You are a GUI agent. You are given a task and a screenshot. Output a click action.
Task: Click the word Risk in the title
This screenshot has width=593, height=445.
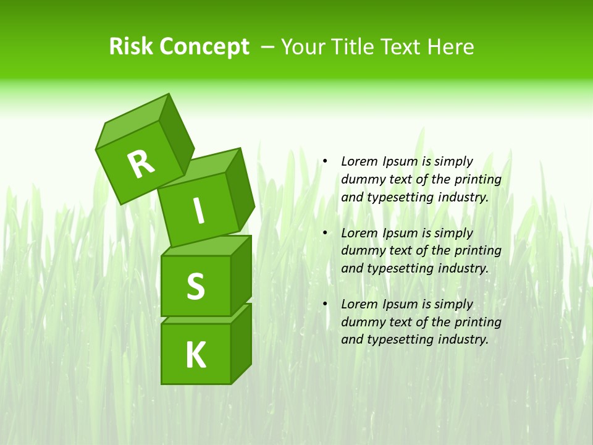(132, 47)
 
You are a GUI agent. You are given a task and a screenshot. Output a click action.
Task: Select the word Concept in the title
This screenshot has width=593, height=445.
(205, 48)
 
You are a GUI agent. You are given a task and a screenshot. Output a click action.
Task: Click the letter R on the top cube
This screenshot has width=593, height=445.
(141, 164)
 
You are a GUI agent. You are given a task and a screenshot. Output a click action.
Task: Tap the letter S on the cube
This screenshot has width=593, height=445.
(195, 286)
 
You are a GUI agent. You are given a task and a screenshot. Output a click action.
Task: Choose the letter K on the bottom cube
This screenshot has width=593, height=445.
(195, 355)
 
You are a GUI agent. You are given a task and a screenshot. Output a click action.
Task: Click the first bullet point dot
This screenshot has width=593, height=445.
(324, 161)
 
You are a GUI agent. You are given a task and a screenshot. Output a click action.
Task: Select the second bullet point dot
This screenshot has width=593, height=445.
(324, 233)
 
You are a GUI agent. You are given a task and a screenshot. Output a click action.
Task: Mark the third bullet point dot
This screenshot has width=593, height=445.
(324, 304)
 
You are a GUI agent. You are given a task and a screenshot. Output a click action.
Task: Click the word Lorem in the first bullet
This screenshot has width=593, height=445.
(358, 161)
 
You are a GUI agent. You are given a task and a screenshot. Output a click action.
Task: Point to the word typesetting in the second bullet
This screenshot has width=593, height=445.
(402, 268)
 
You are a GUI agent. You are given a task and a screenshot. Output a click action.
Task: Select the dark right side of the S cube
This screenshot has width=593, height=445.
(241, 276)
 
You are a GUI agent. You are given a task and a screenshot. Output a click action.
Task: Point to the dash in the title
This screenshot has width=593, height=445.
(268, 47)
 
